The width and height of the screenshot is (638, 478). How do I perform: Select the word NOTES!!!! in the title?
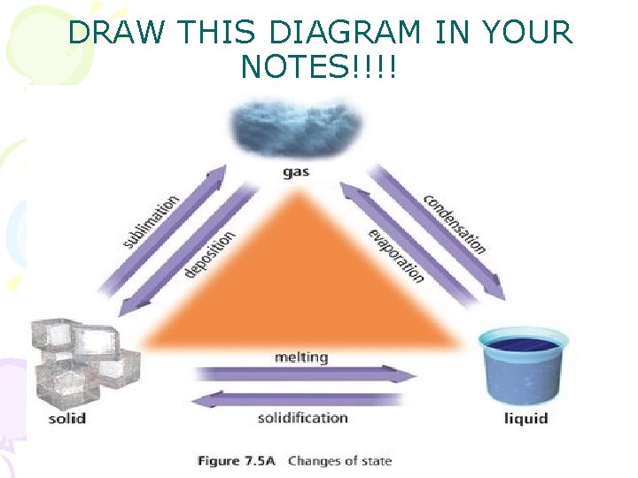(x=320, y=67)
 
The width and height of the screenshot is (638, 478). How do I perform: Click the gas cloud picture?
(x=297, y=129)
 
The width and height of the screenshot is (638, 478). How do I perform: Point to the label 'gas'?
(x=296, y=172)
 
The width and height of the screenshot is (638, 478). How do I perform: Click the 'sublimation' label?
(x=149, y=220)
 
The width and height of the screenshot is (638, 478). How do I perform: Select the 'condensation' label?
(x=454, y=223)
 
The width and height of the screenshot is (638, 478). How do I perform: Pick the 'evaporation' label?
(x=396, y=255)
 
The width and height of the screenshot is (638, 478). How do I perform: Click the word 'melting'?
(x=301, y=358)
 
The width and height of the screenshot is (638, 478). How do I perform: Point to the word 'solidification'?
(x=302, y=418)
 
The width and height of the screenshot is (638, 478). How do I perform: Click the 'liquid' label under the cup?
(x=526, y=418)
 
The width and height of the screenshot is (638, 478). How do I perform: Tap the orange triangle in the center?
(x=301, y=283)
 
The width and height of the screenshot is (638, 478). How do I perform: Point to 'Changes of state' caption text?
(x=339, y=460)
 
